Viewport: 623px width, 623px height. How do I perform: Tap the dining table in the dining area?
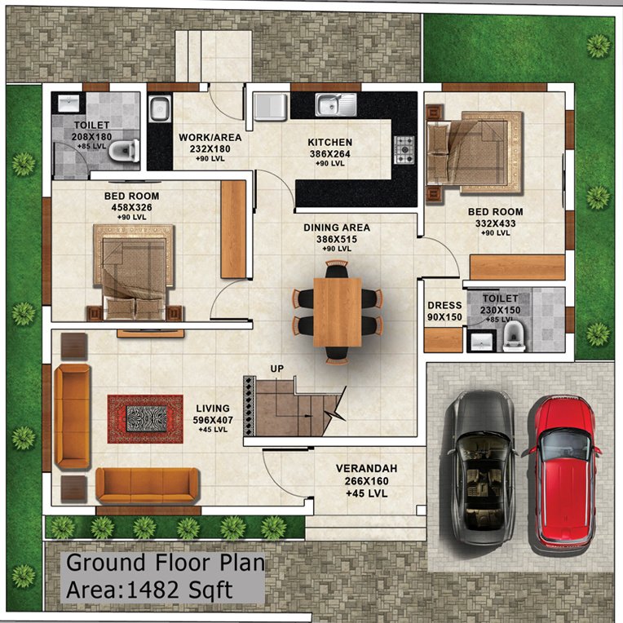point(337,311)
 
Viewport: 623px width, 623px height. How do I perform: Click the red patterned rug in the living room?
point(145,418)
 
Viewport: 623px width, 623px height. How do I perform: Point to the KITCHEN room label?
point(330,141)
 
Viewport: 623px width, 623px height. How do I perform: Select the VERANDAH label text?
point(366,469)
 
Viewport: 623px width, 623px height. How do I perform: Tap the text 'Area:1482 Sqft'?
point(149,590)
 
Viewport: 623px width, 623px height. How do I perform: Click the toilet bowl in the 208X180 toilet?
point(122,150)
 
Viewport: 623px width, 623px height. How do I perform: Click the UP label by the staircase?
point(277,369)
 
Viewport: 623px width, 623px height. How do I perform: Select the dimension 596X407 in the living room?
point(212,419)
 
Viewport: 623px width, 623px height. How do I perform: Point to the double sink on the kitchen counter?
point(336,104)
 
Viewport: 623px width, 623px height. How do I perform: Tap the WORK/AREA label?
point(205,138)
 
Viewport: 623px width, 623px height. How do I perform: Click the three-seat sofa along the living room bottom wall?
point(147,485)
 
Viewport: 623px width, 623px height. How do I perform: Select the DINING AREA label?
point(337,228)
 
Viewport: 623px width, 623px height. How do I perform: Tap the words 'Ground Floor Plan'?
point(165,563)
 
